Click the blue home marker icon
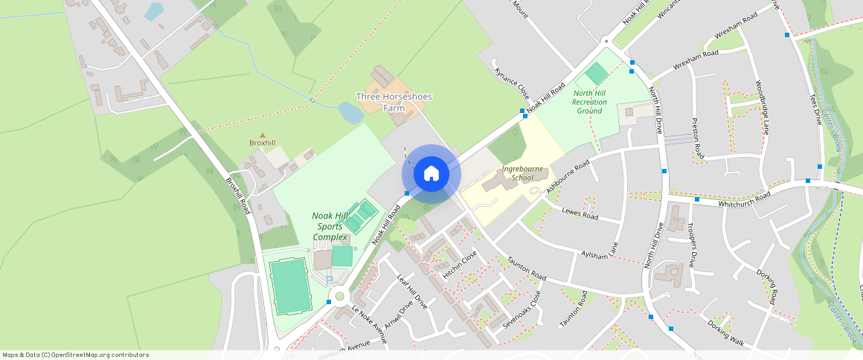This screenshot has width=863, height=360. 431,174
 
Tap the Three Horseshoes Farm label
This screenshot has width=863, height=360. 394,103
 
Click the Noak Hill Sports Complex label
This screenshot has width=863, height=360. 330,226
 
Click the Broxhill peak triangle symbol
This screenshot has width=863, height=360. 262,135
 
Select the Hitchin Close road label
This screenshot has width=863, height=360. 460,265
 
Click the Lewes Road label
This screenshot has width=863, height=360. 580,215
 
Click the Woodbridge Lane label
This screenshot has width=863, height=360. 763,108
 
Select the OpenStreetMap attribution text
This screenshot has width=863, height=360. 75,355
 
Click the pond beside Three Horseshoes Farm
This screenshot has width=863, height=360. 350,113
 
